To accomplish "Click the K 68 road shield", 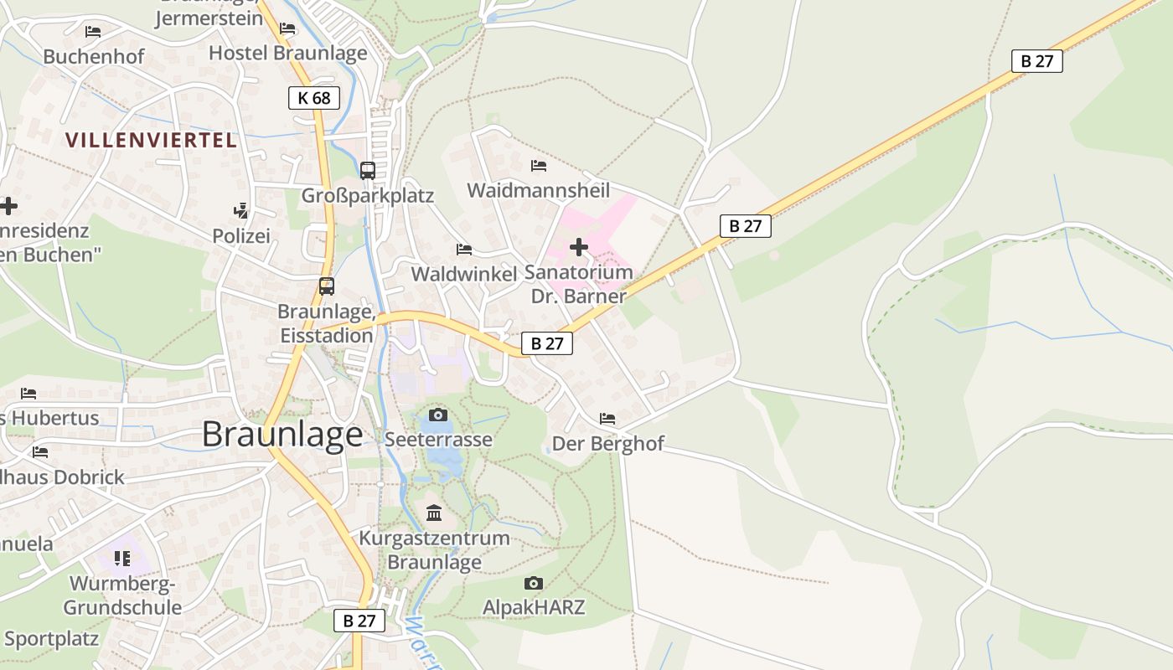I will (x=314, y=98).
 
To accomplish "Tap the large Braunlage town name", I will (x=282, y=434).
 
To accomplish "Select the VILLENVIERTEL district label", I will (x=152, y=140).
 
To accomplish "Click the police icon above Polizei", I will (x=241, y=210).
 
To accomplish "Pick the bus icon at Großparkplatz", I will (x=368, y=170).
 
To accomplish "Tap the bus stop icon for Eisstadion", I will (x=327, y=286).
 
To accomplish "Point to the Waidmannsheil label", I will (x=538, y=190).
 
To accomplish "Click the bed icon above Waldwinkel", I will (x=464, y=250).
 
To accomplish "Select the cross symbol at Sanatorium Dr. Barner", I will (x=578, y=247).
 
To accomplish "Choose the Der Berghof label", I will (x=607, y=444).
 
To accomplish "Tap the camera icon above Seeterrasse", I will (x=437, y=415).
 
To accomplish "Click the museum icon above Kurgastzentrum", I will (x=434, y=513).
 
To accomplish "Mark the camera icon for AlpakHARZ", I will (x=533, y=583).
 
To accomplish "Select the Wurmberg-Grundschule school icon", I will (x=122, y=558).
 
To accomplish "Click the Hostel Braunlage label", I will (x=287, y=53).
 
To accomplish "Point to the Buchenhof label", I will (x=94, y=57).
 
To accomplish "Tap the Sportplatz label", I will (x=52, y=639).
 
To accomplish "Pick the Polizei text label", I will (x=241, y=236).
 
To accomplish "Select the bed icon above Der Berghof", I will (x=607, y=418).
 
